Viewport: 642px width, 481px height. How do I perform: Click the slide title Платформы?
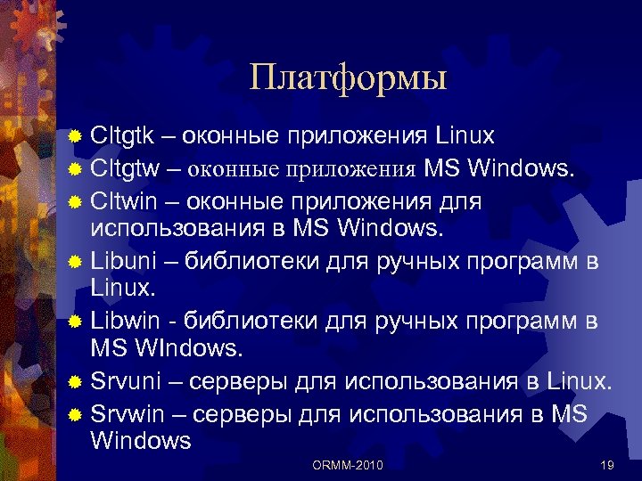tap(348, 77)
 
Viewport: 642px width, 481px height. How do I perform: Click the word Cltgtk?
tap(122, 136)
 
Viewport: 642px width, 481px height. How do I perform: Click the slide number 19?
tap(608, 464)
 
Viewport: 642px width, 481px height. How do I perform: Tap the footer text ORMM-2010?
tap(349, 464)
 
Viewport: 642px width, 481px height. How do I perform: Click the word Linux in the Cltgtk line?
tap(465, 136)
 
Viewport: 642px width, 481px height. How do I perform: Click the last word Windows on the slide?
tap(141, 440)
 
